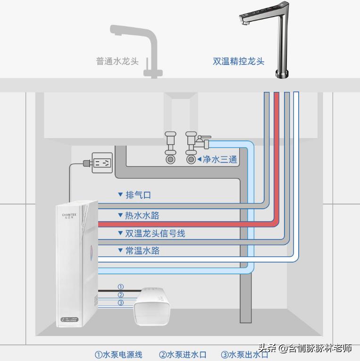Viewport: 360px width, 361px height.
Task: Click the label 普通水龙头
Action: [x=117, y=61]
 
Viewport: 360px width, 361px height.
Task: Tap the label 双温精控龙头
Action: [x=238, y=61]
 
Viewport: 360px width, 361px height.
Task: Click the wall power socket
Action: [x=102, y=163]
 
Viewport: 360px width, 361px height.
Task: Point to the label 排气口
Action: [x=138, y=195]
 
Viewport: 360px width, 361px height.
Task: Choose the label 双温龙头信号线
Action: [x=155, y=233]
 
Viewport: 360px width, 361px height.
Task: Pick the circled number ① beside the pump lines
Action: [x=120, y=287]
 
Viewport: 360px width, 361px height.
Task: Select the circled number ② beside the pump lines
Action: [x=120, y=295]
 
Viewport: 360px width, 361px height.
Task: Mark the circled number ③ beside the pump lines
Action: [x=120, y=303]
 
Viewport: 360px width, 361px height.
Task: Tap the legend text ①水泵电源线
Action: [x=118, y=354]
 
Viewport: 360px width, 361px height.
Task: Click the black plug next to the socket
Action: [x=85, y=164]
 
